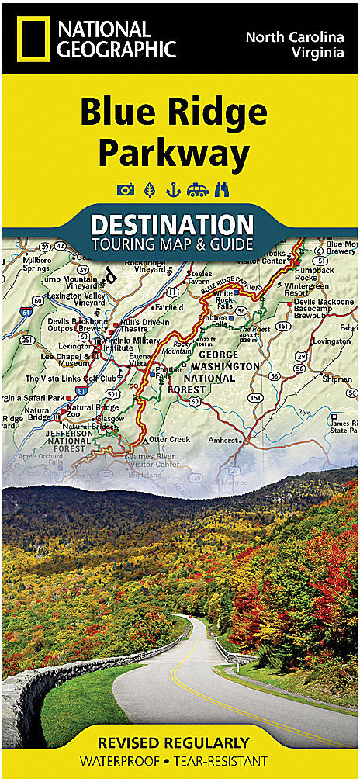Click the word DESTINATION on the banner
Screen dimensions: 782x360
171,225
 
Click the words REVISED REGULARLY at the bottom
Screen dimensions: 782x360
179,742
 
